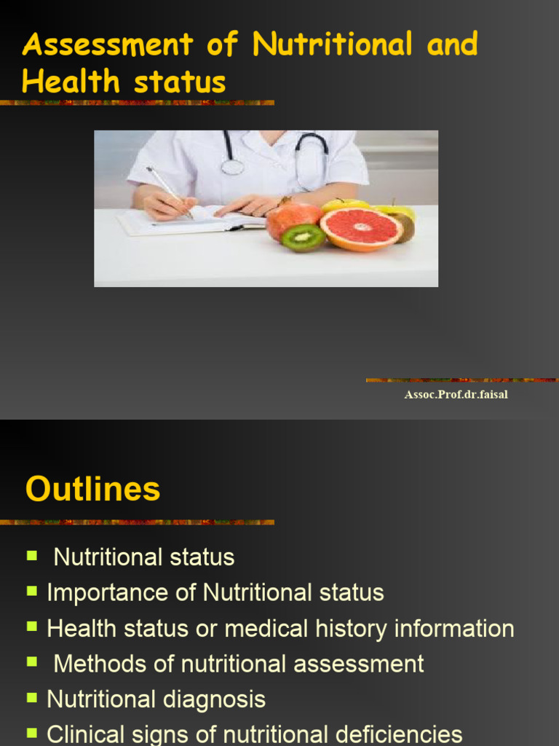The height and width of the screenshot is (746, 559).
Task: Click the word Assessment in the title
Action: (x=108, y=45)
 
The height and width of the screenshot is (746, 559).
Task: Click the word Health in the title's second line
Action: (x=70, y=82)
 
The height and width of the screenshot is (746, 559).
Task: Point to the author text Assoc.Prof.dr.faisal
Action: (x=456, y=395)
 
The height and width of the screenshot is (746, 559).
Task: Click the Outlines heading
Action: (x=92, y=488)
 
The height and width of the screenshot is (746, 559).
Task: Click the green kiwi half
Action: (x=303, y=237)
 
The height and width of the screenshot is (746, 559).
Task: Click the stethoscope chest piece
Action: (x=232, y=167)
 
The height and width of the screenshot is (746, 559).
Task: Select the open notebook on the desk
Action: (x=189, y=220)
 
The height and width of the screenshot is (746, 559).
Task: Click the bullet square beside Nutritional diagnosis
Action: (x=32, y=697)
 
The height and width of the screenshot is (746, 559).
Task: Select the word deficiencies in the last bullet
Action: (x=392, y=734)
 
